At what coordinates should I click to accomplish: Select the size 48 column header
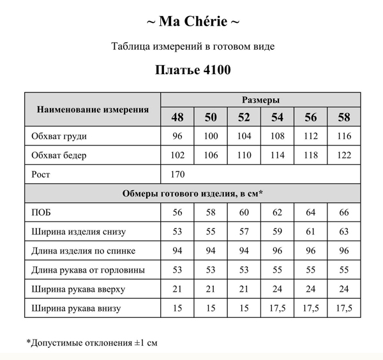coord(177,117)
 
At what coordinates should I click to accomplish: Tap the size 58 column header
coord(344,117)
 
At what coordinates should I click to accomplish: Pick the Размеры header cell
coord(260,100)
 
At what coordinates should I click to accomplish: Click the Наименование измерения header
coord(93,109)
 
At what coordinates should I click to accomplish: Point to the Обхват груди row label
coord(59,137)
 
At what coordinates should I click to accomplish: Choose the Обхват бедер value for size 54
coord(278,155)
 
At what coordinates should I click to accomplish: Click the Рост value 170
coord(178,174)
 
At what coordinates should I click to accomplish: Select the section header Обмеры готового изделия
coord(192,193)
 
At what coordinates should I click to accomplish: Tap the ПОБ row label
coord(41,212)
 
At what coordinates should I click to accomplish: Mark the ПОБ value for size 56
coord(311,212)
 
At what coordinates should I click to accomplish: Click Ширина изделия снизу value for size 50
coord(211,231)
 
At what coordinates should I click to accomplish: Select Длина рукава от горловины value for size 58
coord(344,270)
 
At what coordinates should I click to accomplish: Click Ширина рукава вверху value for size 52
coord(244,289)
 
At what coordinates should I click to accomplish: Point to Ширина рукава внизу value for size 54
coord(278,309)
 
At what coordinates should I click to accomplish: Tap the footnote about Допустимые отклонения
coord(92,342)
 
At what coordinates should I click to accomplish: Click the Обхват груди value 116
coord(344,137)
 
